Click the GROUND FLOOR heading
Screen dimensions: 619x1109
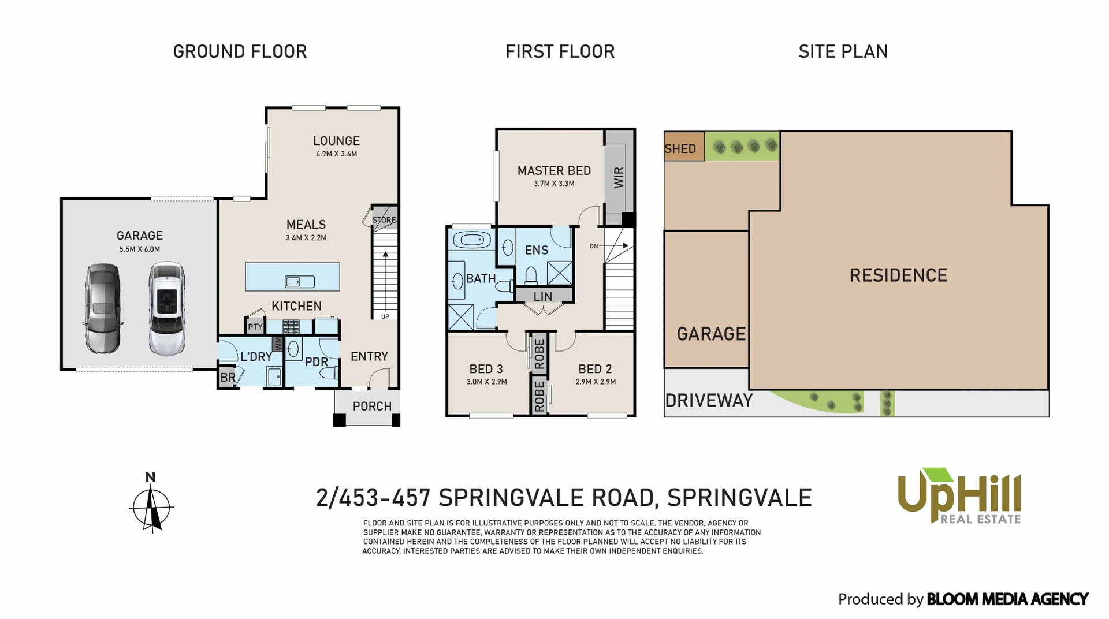coord(240,51)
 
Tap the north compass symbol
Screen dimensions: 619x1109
coord(151,505)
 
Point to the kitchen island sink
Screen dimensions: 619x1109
coord(299,282)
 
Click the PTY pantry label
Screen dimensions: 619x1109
coord(255,327)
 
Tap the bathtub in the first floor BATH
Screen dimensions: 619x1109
coord(472,240)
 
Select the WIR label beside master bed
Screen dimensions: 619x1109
coord(619,177)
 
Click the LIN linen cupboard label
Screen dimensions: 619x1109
coord(542,296)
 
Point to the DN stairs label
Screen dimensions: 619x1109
coord(594,247)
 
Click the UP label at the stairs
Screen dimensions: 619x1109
coord(385,316)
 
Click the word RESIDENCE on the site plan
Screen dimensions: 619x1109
coord(898,275)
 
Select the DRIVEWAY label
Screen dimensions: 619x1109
coord(709,401)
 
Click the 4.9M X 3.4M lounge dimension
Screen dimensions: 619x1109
coord(336,154)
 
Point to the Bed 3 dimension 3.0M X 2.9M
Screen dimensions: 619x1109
coord(486,382)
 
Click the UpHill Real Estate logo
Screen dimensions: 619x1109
coord(959,495)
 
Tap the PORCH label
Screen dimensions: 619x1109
coord(372,407)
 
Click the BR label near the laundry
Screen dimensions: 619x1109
coord(228,378)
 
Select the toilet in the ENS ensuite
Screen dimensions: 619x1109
coord(531,275)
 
